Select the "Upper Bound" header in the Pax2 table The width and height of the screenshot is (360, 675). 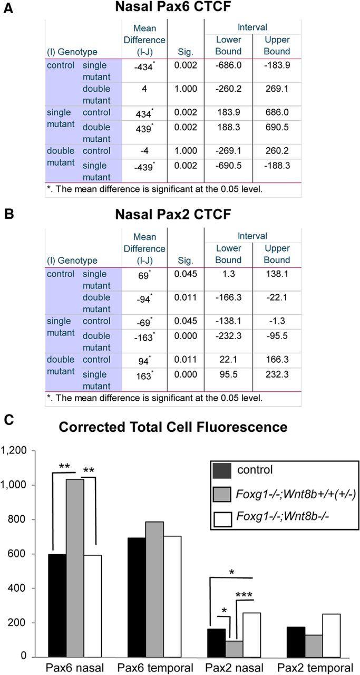pyautogui.click(x=277, y=254)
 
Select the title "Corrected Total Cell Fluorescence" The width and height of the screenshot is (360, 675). pyautogui.click(x=173, y=427)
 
